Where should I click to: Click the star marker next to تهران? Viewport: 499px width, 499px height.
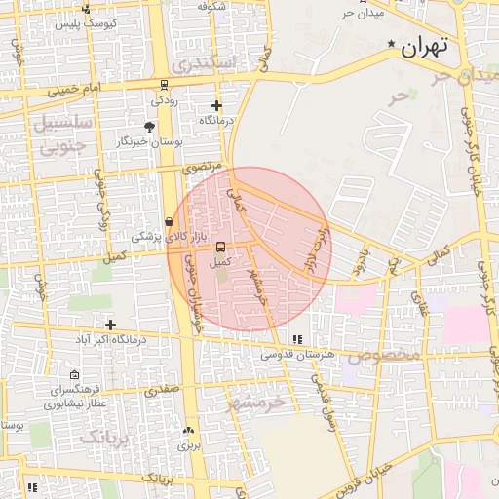393,45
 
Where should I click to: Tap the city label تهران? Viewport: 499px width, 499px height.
425,46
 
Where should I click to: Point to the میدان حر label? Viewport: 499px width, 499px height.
364,13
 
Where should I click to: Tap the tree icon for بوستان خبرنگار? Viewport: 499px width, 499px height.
149,127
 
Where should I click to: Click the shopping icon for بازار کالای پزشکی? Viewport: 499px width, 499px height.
170,222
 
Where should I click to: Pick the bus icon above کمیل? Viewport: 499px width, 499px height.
220,247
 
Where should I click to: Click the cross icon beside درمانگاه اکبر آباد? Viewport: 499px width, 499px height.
111,325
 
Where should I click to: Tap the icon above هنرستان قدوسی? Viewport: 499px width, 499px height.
296,339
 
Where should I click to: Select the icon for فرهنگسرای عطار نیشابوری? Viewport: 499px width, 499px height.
75,375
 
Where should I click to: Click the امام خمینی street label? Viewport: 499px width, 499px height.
79,89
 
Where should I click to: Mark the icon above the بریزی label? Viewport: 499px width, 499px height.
189,430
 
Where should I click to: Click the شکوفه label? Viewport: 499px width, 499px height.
211,6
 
